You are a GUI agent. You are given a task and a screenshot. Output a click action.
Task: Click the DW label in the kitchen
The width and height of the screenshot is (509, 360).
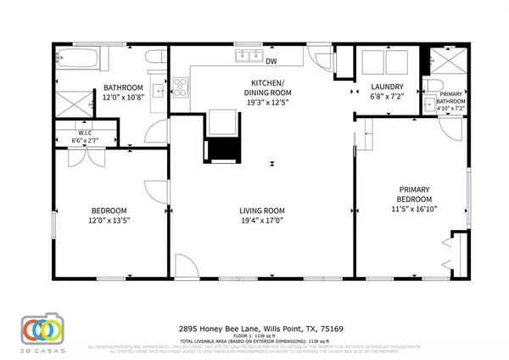271,61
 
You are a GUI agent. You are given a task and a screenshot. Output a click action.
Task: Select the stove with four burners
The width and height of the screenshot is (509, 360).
180,85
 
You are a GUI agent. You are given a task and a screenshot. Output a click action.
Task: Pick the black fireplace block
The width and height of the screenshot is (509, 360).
222,149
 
